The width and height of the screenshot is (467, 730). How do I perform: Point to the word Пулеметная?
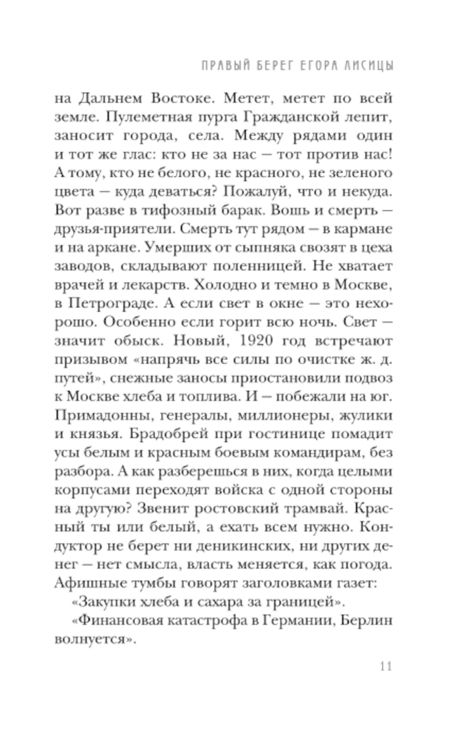click(149, 117)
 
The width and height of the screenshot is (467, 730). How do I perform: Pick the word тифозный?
click(172, 210)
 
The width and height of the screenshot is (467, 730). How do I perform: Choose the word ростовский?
click(251, 508)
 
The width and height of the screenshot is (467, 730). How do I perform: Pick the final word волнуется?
click(93, 639)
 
